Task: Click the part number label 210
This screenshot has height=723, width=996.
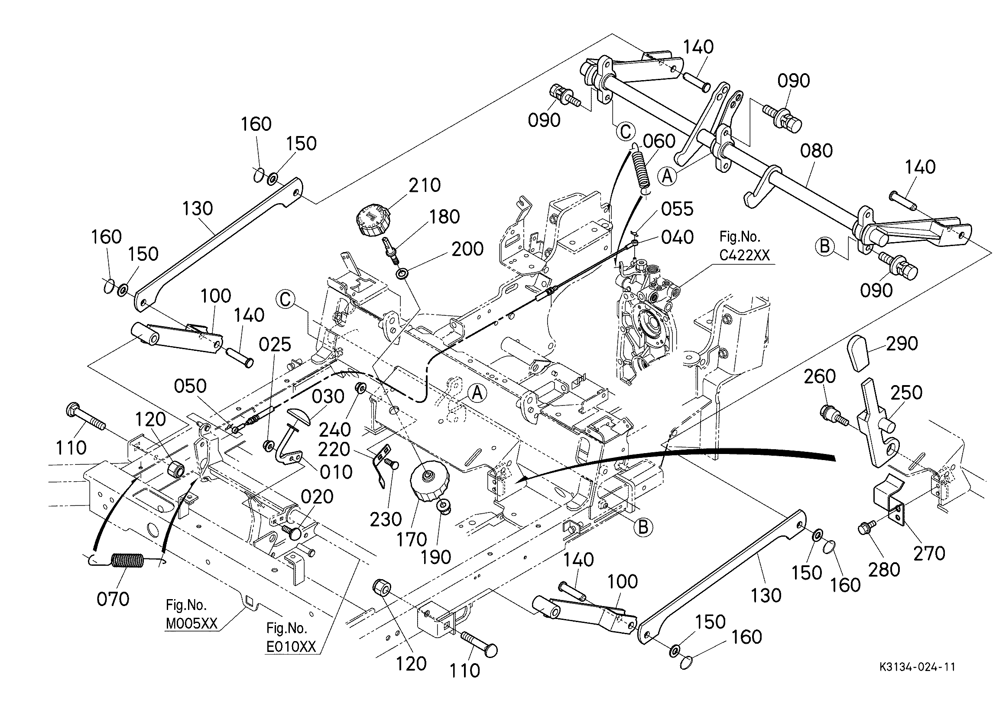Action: (x=425, y=185)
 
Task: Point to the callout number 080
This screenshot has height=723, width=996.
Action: (x=816, y=151)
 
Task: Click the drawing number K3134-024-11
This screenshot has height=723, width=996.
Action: (x=917, y=667)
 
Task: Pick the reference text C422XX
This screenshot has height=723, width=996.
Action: (x=744, y=255)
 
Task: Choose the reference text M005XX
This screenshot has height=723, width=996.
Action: (x=191, y=624)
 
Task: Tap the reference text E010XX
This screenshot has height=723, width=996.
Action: (x=291, y=646)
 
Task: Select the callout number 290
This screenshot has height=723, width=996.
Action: (x=902, y=344)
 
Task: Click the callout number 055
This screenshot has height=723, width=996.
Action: (x=677, y=210)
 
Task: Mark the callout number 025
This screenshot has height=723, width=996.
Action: (x=275, y=345)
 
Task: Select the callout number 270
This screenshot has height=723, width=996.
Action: (x=929, y=554)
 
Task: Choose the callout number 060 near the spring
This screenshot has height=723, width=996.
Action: (x=659, y=141)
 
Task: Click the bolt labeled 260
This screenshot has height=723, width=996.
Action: (x=831, y=414)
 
